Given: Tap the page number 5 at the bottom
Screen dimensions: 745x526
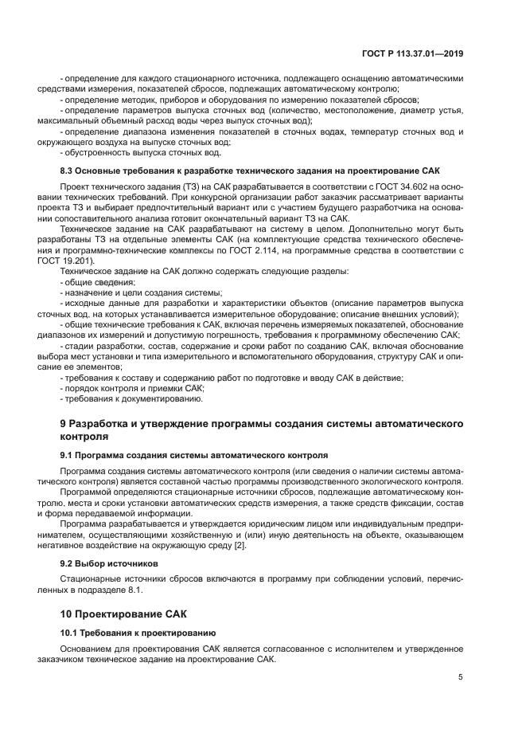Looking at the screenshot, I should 461,676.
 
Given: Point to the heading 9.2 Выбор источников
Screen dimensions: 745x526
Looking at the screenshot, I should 109,563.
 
